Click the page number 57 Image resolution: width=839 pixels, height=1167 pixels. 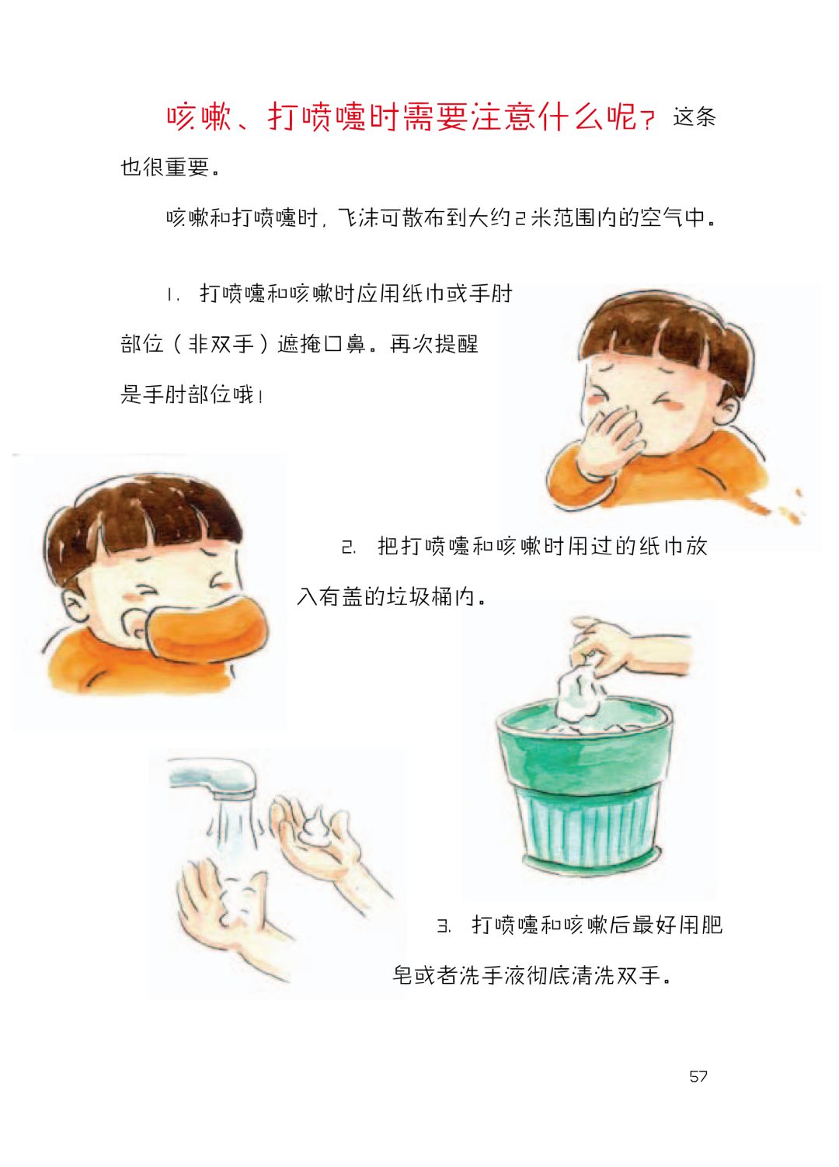click(x=698, y=1076)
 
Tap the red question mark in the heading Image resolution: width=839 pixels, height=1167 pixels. click(x=648, y=120)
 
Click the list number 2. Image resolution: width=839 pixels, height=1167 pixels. click(x=349, y=547)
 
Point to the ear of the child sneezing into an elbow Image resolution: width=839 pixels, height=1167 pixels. click(x=75, y=604)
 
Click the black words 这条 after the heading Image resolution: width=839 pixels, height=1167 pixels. click(x=695, y=116)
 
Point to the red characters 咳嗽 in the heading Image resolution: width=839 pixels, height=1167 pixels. click(x=199, y=116)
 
